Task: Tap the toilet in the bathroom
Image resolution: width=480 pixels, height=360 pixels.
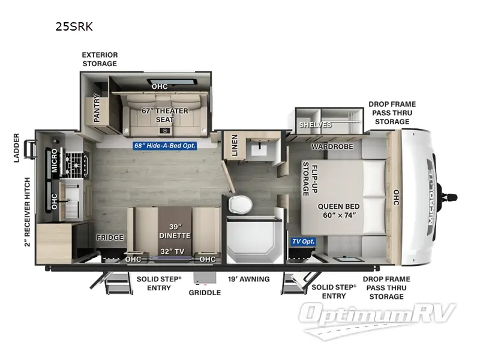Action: [240, 205]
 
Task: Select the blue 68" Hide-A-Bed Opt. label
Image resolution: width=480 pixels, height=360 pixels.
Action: [165, 145]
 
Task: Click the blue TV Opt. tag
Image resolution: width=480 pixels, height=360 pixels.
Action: [304, 241]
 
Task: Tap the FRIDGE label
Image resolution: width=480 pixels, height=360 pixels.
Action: [110, 237]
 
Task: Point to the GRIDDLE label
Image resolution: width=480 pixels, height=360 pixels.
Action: [205, 293]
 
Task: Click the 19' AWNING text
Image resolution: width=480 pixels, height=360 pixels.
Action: [249, 279]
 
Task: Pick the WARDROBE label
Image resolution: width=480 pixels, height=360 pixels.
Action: [332, 146]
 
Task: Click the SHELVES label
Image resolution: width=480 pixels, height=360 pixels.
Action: [316, 125]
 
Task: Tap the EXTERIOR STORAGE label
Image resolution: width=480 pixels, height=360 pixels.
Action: [100, 59]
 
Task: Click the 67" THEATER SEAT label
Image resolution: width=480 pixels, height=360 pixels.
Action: [165, 115]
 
